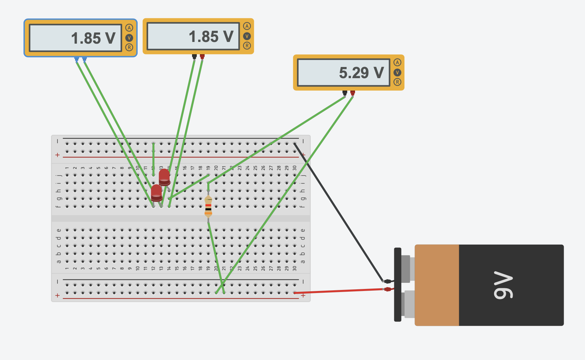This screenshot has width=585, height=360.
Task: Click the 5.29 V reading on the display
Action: coord(361,73)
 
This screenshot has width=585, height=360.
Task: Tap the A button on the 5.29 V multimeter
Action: coord(397,62)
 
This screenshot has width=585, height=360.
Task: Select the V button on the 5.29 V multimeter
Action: coord(397,72)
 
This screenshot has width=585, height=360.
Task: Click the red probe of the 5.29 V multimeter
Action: coord(353,92)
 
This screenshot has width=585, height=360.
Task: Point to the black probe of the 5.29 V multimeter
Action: coord(345,92)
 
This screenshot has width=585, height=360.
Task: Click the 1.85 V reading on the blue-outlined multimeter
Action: coord(93,38)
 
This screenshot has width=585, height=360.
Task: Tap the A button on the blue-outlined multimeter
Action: coord(129,28)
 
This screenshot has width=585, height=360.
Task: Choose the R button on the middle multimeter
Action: coord(247,46)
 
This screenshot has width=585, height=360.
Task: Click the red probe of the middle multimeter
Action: coord(202,56)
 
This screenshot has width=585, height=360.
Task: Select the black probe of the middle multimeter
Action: coord(194,56)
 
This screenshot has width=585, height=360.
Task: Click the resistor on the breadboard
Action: coord(208,205)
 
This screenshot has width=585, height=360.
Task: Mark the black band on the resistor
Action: coord(208,209)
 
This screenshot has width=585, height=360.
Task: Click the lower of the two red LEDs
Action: coord(157,193)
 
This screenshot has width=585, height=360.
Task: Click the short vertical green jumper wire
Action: coord(154,159)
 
